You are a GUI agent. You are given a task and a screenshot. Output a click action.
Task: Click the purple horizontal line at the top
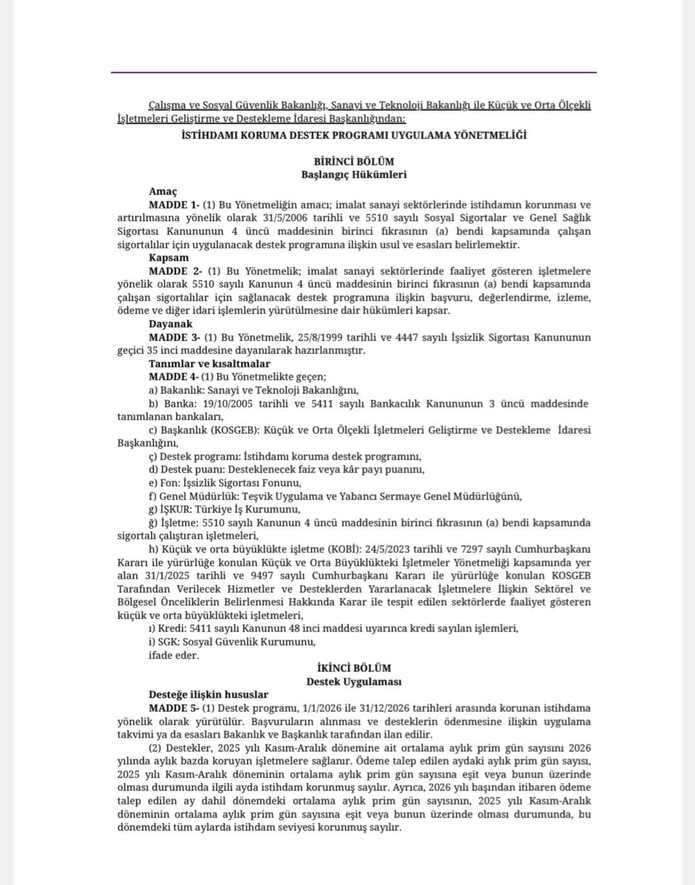[354, 73]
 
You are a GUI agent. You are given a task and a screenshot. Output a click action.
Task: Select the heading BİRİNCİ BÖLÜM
[354, 162]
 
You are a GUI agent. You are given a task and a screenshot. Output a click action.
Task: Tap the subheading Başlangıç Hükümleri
[354, 174]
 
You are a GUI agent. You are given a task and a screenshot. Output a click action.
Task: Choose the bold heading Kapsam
[169, 258]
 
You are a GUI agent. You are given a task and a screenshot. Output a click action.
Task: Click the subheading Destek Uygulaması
[354, 681]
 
